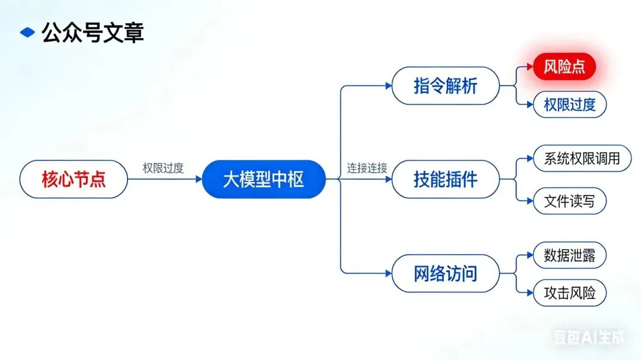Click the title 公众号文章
[93, 33]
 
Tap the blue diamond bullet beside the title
[27, 33]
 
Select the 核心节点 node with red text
[74, 179]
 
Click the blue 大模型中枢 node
[264, 179]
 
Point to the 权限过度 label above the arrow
[163, 168]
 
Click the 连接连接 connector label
[367, 168]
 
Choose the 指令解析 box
[445, 86]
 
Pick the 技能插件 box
[445, 179]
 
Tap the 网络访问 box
[445, 273]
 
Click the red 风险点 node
[564, 67]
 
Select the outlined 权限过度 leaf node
[569, 105]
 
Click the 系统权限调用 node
[582, 158]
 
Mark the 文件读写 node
[569, 201]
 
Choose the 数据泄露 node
[569, 256]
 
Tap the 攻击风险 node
[569, 292]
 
